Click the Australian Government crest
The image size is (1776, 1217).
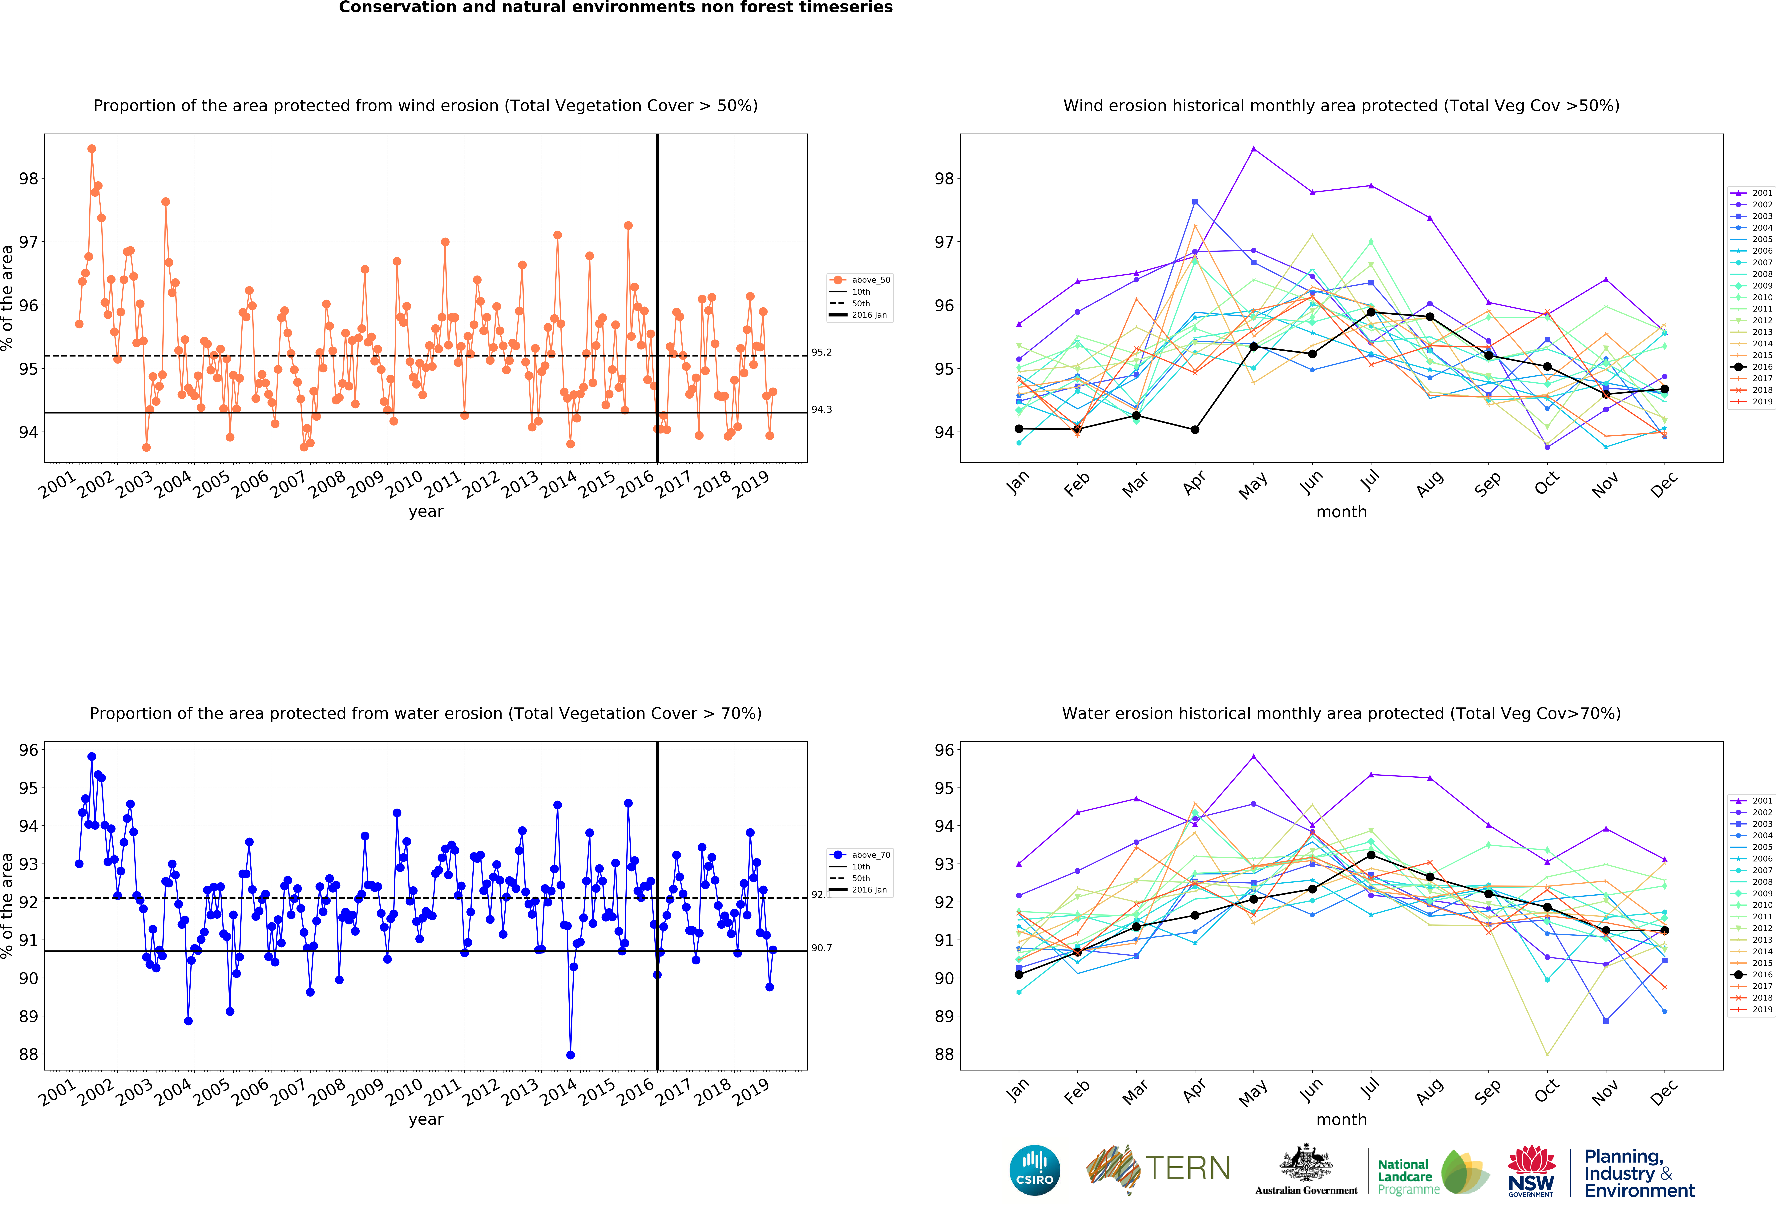[x=1306, y=1165]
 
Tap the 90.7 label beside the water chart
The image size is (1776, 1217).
[x=821, y=948]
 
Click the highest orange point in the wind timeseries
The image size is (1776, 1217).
[x=92, y=149]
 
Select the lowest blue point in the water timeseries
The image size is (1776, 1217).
[x=570, y=1055]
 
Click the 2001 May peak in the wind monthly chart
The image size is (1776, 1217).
[x=1253, y=149]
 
